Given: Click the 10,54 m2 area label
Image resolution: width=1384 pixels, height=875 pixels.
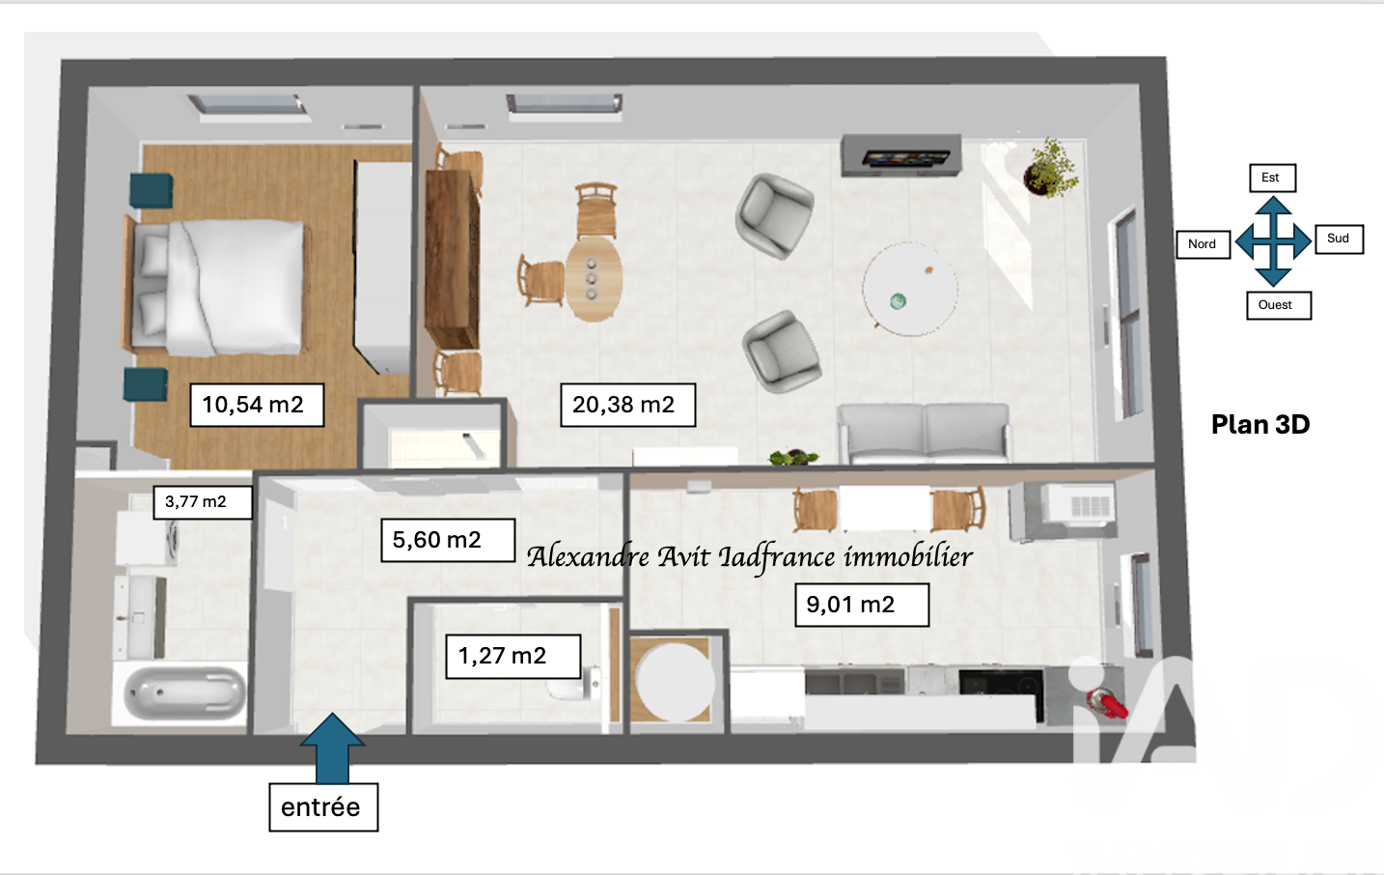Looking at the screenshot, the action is click(257, 405).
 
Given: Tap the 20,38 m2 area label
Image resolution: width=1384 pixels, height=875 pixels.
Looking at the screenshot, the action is click(627, 405).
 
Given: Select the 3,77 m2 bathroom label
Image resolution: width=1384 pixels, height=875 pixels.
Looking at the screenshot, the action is click(203, 501).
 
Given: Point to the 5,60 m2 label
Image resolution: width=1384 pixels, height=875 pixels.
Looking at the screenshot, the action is click(448, 540).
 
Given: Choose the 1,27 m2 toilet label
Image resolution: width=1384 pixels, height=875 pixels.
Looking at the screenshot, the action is click(512, 656).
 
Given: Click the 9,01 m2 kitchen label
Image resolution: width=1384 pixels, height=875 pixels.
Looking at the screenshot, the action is click(862, 605).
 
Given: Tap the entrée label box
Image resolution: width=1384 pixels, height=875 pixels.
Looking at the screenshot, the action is click(323, 807).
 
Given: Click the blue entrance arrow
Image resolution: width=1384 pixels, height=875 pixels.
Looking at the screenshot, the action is click(332, 748).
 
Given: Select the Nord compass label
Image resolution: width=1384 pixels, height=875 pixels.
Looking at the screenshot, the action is click(1203, 244).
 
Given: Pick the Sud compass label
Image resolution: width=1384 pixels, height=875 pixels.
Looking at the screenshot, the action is click(1339, 239).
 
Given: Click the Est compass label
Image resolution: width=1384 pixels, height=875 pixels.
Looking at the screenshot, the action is click(1272, 178).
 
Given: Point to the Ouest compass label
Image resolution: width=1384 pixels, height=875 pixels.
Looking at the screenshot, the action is click(1279, 305).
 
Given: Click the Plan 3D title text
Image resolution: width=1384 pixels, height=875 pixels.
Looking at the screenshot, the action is click(1260, 425).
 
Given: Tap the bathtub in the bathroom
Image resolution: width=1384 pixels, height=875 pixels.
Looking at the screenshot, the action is click(184, 694).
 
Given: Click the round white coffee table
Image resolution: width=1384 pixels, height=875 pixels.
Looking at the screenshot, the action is click(910, 289).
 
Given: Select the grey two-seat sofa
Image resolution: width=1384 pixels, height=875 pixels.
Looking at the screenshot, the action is click(925, 433).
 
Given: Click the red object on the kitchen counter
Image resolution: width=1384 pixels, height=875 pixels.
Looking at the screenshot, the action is click(1109, 705).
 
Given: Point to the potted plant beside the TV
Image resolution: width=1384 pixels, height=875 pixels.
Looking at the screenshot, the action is click(1050, 168).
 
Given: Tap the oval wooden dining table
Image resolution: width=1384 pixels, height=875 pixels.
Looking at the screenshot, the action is click(594, 279).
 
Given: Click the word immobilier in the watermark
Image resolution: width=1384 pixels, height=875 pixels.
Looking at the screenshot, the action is click(908, 556).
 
